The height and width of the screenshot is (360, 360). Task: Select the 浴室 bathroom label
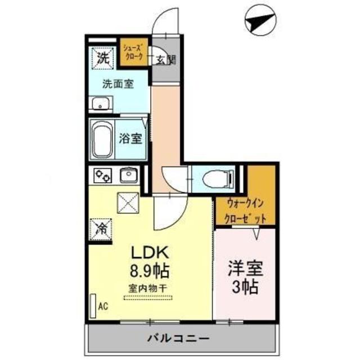(131, 138)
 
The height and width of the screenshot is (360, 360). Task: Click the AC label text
(103, 307)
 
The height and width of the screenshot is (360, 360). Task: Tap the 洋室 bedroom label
(244, 268)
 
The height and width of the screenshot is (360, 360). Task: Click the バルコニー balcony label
(178, 339)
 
